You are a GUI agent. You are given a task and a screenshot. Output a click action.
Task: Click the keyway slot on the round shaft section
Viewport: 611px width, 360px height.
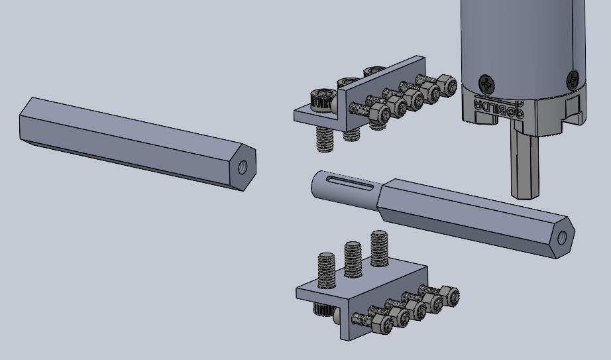click(351, 183)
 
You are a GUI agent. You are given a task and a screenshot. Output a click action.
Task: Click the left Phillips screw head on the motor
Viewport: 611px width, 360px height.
click(487, 84)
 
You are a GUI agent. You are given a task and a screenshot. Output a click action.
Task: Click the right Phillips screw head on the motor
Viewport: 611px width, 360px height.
click(572, 80)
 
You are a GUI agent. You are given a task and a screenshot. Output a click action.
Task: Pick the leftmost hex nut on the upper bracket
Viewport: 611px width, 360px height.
click(378, 111)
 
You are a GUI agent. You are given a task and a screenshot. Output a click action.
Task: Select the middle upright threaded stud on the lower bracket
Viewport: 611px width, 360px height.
click(353, 259)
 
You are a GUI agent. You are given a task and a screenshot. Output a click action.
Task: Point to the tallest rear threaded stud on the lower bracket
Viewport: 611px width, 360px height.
click(379, 247)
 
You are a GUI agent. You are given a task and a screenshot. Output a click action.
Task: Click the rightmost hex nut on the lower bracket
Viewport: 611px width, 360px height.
click(449, 296)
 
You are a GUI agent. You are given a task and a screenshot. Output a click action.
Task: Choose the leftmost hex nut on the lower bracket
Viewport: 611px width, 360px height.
click(382, 324)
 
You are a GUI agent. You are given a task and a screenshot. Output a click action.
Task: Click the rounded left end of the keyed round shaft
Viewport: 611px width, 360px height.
click(317, 186)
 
